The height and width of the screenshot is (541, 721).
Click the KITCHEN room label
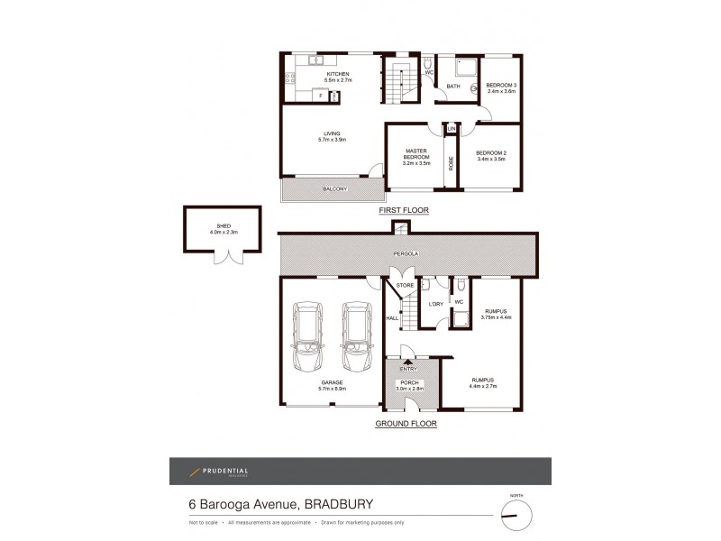click(325, 74)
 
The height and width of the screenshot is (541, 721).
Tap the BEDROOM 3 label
click(500, 87)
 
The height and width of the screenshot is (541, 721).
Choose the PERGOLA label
click(403, 254)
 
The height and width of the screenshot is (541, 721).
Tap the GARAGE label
click(330, 382)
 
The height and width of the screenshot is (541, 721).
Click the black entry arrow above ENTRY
click(406, 362)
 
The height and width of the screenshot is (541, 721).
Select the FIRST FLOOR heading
click(403, 210)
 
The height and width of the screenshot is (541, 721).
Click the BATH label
click(453, 87)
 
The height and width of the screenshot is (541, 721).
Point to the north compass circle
click(516, 514)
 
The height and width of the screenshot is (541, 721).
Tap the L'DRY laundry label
click(434, 303)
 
